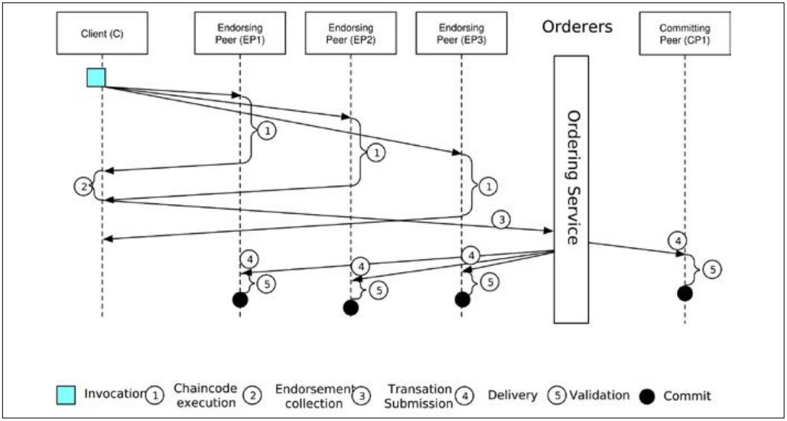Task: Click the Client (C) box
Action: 102,33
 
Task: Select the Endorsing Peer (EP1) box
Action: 240,33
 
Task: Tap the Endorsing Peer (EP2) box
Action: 350,33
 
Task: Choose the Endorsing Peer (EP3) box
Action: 461,33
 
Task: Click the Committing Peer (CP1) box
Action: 685,33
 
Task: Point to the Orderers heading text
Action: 577,27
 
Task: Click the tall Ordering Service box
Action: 571,188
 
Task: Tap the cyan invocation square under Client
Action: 96,77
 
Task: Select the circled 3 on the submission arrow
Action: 501,220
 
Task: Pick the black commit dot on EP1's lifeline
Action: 240,300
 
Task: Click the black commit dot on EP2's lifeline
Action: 350,307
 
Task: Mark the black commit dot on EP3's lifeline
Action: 462,300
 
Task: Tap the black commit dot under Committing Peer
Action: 685,293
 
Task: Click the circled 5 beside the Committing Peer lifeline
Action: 711,269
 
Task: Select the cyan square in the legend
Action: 65,394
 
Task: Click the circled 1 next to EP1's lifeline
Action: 265,131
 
